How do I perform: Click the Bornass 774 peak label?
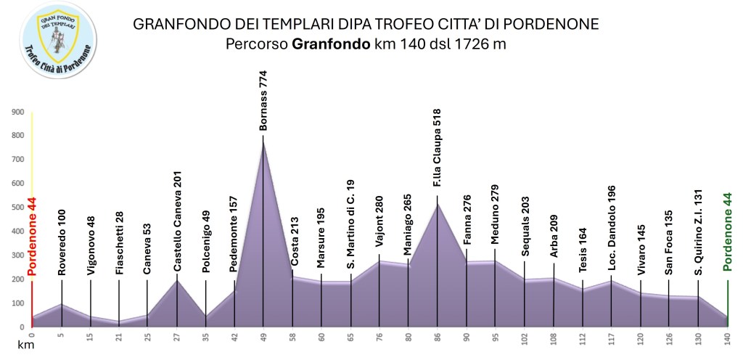[x=263, y=100]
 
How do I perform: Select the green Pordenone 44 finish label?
[x=728, y=232]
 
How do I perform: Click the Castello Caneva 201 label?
[x=176, y=222]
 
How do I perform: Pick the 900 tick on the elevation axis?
[x=18, y=112]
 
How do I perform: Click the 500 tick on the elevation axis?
[x=18, y=208]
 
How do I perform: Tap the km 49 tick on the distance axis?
[x=263, y=337]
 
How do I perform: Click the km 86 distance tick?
[x=438, y=337]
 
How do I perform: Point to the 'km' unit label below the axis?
[x=26, y=346]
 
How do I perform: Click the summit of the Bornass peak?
[x=263, y=139]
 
